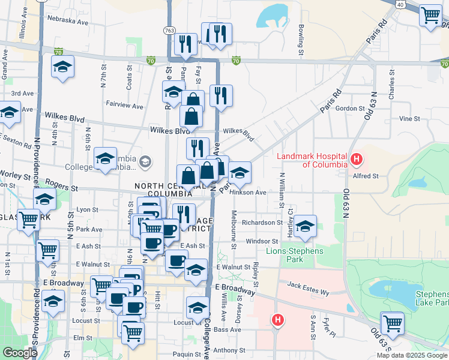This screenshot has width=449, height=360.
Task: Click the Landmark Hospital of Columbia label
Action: (x=312, y=160)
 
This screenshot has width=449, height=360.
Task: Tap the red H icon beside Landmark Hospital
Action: (x=357, y=160)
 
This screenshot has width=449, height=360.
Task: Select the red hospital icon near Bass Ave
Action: (x=277, y=320)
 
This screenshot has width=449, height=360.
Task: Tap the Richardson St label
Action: (x=262, y=223)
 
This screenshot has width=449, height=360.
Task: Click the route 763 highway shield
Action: (x=169, y=29)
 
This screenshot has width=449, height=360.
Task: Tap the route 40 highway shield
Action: (x=400, y=4)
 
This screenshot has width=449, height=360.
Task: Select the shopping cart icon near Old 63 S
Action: (x=392, y=323)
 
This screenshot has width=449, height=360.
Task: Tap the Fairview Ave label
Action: (x=124, y=106)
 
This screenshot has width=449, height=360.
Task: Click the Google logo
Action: (x=20, y=353)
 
